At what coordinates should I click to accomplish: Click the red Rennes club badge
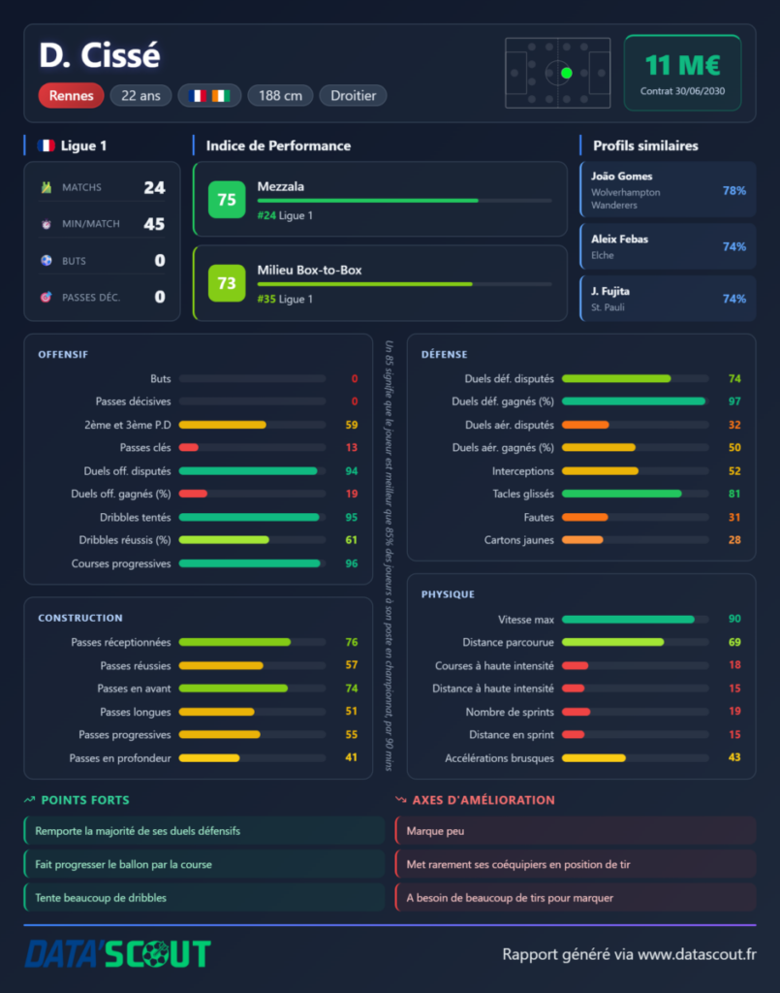click(71, 96)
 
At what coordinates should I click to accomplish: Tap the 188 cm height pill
click(280, 96)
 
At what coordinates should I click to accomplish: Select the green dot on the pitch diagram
click(567, 73)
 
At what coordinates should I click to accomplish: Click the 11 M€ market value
click(682, 65)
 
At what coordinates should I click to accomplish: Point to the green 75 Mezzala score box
click(227, 200)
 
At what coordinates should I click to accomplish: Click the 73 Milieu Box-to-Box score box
click(227, 283)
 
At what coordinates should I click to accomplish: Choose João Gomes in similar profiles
click(622, 176)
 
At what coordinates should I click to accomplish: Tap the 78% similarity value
click(734, 191)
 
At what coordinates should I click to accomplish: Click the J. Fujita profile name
click(610, 291)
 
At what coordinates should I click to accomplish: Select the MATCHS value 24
click(154, 187)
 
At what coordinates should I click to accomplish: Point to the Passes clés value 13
click(352, 448)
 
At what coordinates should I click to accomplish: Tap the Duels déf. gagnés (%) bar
click(634, 401)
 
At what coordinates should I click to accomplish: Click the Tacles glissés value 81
click(734, 494)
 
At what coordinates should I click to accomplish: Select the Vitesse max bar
click(628, 620)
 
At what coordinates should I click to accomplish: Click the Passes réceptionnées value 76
click(352, 642)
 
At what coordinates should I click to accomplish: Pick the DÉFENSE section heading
click(445, 355)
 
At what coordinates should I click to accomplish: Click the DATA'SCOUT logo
click(117, 954)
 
